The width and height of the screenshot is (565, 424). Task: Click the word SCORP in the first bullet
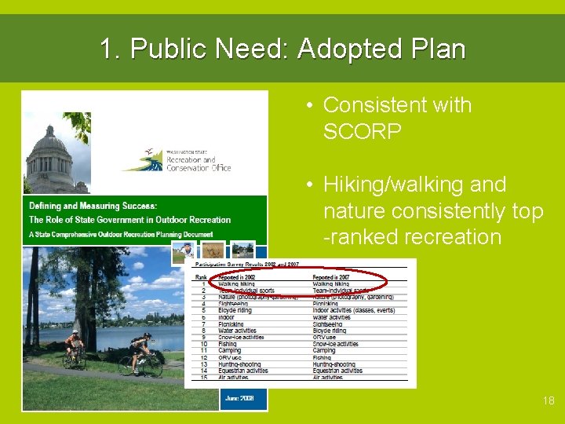[362, 131]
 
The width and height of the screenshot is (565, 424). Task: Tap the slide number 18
[548, 400]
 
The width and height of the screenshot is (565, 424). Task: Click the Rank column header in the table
[202, 278]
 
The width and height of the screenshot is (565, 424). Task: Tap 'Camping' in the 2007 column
[327, 350]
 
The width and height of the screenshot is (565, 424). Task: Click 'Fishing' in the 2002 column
[228, 344]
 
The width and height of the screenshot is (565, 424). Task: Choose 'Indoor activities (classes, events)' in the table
[353, 310]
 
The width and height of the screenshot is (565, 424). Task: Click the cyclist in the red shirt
[74, 345]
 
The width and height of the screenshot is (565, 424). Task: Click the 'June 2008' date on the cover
[240, 399]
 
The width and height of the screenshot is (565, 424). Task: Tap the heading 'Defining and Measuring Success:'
[93, 207]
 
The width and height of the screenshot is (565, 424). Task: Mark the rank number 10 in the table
[203, 344]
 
